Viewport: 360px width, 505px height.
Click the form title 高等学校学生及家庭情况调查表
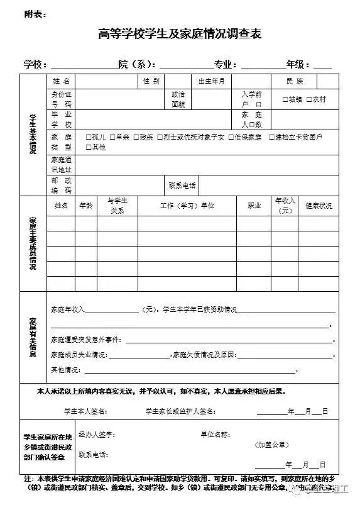point(180,35)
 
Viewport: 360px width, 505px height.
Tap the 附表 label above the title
point(31,13)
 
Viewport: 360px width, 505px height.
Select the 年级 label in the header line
point(298,64)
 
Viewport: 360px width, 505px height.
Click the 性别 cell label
point(151,81)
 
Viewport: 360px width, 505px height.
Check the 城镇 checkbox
point(285,99)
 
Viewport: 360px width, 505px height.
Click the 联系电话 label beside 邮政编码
point(182,186)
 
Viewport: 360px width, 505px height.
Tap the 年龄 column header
point(85,206)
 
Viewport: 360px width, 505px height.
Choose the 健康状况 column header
point(319,206)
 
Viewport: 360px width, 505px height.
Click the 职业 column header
point(254,206)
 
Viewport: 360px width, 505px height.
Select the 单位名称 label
point(215,435)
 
